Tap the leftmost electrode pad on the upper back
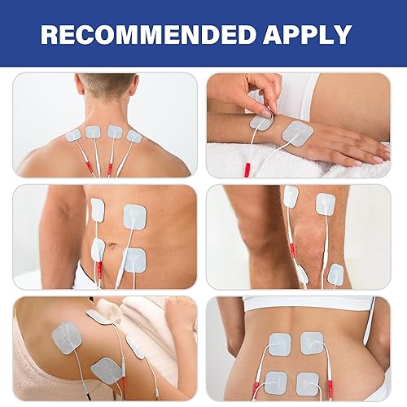[x=73, y=135]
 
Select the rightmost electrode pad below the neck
[x=133, y=137]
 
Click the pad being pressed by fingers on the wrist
[x=260, y=123]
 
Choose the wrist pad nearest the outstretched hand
[x=297, y=133]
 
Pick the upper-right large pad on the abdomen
[x=135, y=215]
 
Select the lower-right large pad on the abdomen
[x=134, y=260]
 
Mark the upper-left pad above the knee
[x=291, y=195]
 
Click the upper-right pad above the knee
[x=326, y=203]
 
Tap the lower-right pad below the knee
[x=335, y=274]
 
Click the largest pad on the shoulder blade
[x=67, y=335]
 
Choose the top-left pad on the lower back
[x=277, y=344]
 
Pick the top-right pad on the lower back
[x=311, y=343]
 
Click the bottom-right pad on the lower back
[x=308, y=383]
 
